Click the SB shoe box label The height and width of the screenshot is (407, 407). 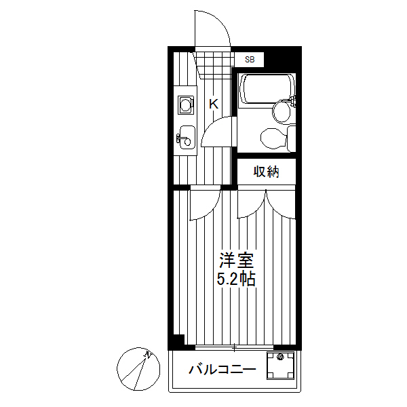coord(250,60)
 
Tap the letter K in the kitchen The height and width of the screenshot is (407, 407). coord(213,104)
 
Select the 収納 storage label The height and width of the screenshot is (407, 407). coord(267,172)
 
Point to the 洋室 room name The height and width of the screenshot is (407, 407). coord(236,260)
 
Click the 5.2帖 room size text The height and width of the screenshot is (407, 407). coord(236,279)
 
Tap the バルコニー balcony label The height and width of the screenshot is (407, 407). coord(222,370)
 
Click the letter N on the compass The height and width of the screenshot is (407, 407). coord(147,354)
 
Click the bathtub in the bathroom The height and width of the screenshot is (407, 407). coord(267,88)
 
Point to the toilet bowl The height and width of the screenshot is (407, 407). coord(273,138)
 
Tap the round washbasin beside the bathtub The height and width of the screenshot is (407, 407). coord(282,111)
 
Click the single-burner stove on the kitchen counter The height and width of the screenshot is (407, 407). coord(185,105)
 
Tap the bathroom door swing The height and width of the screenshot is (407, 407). coord(219,129)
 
